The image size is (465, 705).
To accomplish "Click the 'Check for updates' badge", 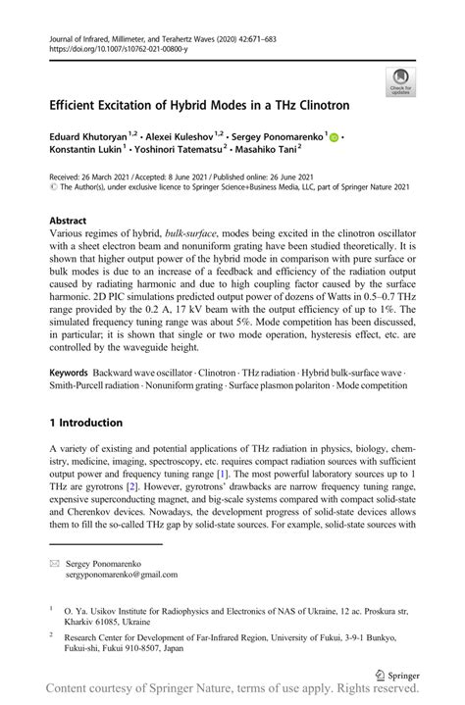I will point(400,81).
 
